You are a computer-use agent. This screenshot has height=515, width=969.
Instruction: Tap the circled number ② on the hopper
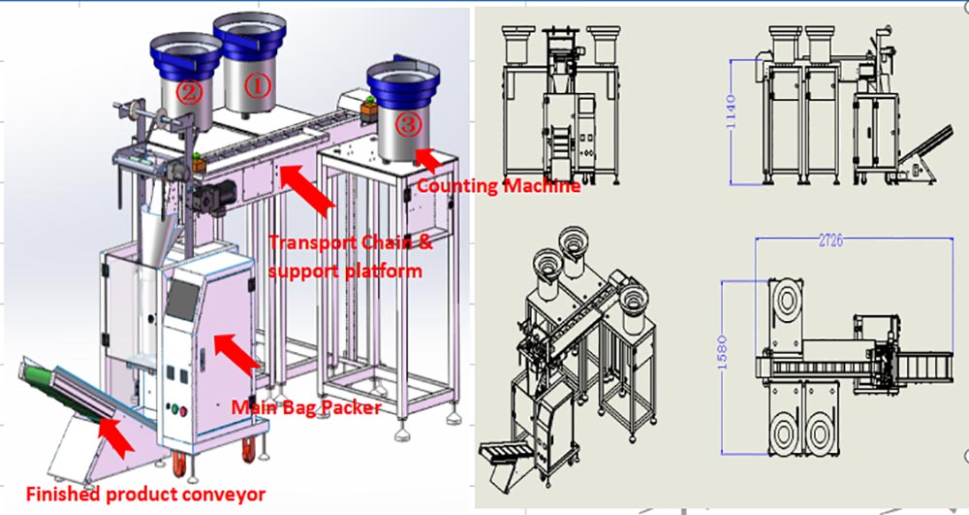tap(187, 93)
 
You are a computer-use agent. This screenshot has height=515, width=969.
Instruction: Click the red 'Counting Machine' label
tap(497, 185)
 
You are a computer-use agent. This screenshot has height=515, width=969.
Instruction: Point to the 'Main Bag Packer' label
tap(305, 407)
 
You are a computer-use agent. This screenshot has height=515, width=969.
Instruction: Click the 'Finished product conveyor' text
tap(145, 494)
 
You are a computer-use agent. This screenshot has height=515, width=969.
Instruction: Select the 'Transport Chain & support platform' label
tap(350, 256)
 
